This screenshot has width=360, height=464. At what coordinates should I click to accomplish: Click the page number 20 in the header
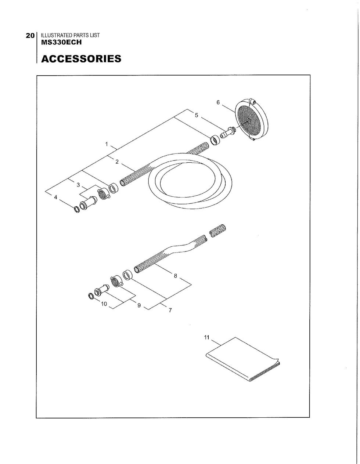click(x=30, y=36)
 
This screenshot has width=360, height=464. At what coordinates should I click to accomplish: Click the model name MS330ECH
click(x=61, y=42)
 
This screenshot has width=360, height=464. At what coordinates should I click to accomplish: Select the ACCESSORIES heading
click(x=81, y=59)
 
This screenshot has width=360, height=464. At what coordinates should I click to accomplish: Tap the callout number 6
click(x=218, y=102)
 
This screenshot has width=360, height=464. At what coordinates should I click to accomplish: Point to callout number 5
click(x=196, y=115)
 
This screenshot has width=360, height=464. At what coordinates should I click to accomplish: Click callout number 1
click(x=107, y=144)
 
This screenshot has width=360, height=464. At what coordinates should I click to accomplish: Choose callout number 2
click(x=117, y=162)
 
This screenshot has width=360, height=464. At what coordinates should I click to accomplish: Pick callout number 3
click(x=78, y=185)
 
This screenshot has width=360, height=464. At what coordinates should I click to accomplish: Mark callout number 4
click(x=55, y=197)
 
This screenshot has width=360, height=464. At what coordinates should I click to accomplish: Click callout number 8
click(x=175, y=276)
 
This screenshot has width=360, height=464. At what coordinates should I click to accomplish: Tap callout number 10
click(x=104, y=304)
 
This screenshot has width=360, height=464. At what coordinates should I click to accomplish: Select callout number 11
click(x=206, y=337)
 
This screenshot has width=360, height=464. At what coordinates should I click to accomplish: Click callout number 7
click(x=170, y=310)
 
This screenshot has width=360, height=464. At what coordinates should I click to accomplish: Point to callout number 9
click(x=139, y=305)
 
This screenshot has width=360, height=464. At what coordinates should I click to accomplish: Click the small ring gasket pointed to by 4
click(x=77, y=210)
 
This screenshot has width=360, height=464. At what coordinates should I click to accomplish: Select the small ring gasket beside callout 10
click(x=91, y=296)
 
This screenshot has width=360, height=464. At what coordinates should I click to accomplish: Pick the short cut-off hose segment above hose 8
click(x=217, y=231)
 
